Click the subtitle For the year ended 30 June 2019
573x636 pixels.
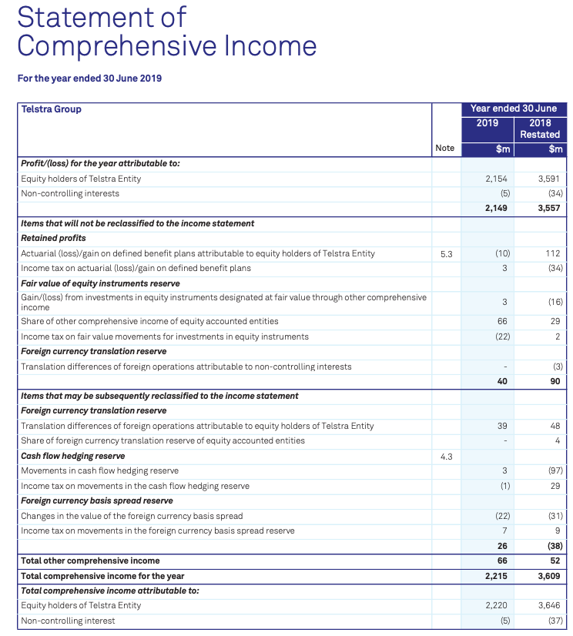pyautogui.click(x=89, y=78)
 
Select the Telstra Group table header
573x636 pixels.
pyautogui.click(x=51, y=109)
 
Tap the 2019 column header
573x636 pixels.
pyautogui.click(x=487, y=123)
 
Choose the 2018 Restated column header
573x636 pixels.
pyautogui.click(x=540, y=129)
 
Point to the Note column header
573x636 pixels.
pyautogui.click(x=444, y=148)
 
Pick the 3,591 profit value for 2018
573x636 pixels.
pyautogui.click(x=549, y=179)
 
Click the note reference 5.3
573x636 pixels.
pyautogui.click(x=446, y=253)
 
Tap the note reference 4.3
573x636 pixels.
pyautogui.click(x=446, y=456)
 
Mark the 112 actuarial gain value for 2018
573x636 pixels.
pyautogui.click(x=553, y=253)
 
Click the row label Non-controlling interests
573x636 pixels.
pyautogui.click(x=70, y=193)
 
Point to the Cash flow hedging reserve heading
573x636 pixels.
pyautogui.click(x=72, y=456)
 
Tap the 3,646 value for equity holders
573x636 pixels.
pyautogui.click(x=549, y=605)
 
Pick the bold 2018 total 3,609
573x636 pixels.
pyautogui.click(x=549, y=576)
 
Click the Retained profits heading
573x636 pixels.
pyautogui.click(x=53, y=238)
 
